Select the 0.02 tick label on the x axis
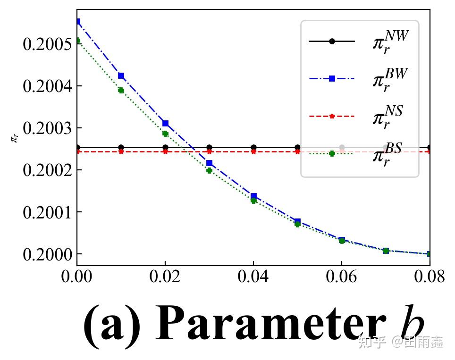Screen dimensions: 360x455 click(165, 277)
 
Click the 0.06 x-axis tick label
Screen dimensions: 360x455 click(342, 277)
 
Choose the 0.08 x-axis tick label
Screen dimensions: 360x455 click(429, 277)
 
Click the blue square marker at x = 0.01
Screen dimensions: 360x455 click(121, 75)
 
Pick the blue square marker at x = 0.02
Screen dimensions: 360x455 click(165, 123)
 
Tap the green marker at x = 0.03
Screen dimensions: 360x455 click(209, 170)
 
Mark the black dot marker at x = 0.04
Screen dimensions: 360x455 click(253, 147)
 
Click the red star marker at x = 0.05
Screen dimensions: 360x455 click(297, 151)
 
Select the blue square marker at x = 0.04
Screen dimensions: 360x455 click(253, 196)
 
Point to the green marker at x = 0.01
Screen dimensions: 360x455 click(121, 90)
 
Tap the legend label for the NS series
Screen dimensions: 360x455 click(388, 117)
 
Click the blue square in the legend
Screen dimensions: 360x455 click(332, 78)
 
